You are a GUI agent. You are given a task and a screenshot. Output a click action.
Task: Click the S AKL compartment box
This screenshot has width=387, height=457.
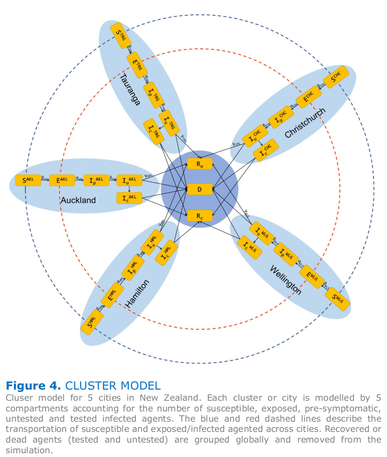coord(28,180)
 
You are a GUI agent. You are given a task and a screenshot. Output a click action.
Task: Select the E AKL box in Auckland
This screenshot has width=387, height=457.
coord(62,180)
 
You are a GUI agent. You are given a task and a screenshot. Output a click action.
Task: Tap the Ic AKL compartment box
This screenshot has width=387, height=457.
coord(129,199)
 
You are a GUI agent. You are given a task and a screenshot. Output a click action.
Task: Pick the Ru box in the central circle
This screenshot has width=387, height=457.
coord(200,164)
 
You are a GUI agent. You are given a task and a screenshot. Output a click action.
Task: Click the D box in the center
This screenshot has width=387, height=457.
coord(200,189)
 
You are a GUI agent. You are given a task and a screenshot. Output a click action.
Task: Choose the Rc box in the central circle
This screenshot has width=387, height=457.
coord(200,215)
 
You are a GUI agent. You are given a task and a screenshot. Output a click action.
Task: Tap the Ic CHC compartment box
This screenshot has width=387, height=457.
coord(266,150)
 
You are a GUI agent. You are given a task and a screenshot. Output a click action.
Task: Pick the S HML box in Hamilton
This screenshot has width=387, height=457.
coord(91,322)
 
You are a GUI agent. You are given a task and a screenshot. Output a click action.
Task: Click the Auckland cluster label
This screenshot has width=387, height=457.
coord(78,200)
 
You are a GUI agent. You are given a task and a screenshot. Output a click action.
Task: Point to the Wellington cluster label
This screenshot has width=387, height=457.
coord(285,280)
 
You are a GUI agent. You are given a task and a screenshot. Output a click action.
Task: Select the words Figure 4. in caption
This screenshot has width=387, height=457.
coord(33,385)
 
